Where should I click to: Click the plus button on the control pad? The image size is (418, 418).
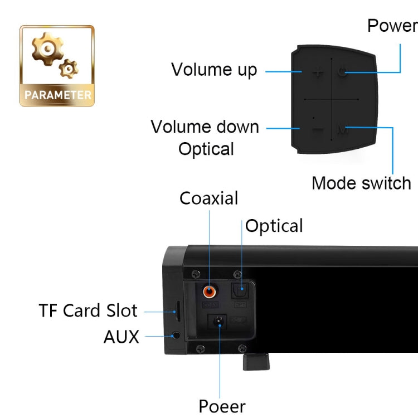pos(318,72)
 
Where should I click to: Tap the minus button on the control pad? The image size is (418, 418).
pos(318,131)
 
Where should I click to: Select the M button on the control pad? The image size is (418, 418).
pos(343,131)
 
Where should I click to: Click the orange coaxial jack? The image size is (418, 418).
pos(210,291)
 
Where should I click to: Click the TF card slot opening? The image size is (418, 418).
pos(177,310)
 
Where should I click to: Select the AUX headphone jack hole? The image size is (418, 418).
pos(176,336)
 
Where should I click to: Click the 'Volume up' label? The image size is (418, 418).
pos(214,70)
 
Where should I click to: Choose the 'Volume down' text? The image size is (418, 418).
pos(205,127)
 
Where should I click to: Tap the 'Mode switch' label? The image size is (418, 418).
pos(361,183)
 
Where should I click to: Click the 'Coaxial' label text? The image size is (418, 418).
pos(208,198)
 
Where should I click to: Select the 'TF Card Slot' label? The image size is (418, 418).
pos(88,310)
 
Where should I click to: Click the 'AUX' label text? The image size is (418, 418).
pos(121,337)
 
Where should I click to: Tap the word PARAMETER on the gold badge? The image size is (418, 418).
pos(57,95)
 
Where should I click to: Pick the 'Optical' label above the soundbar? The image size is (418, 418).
pos(274,226)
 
